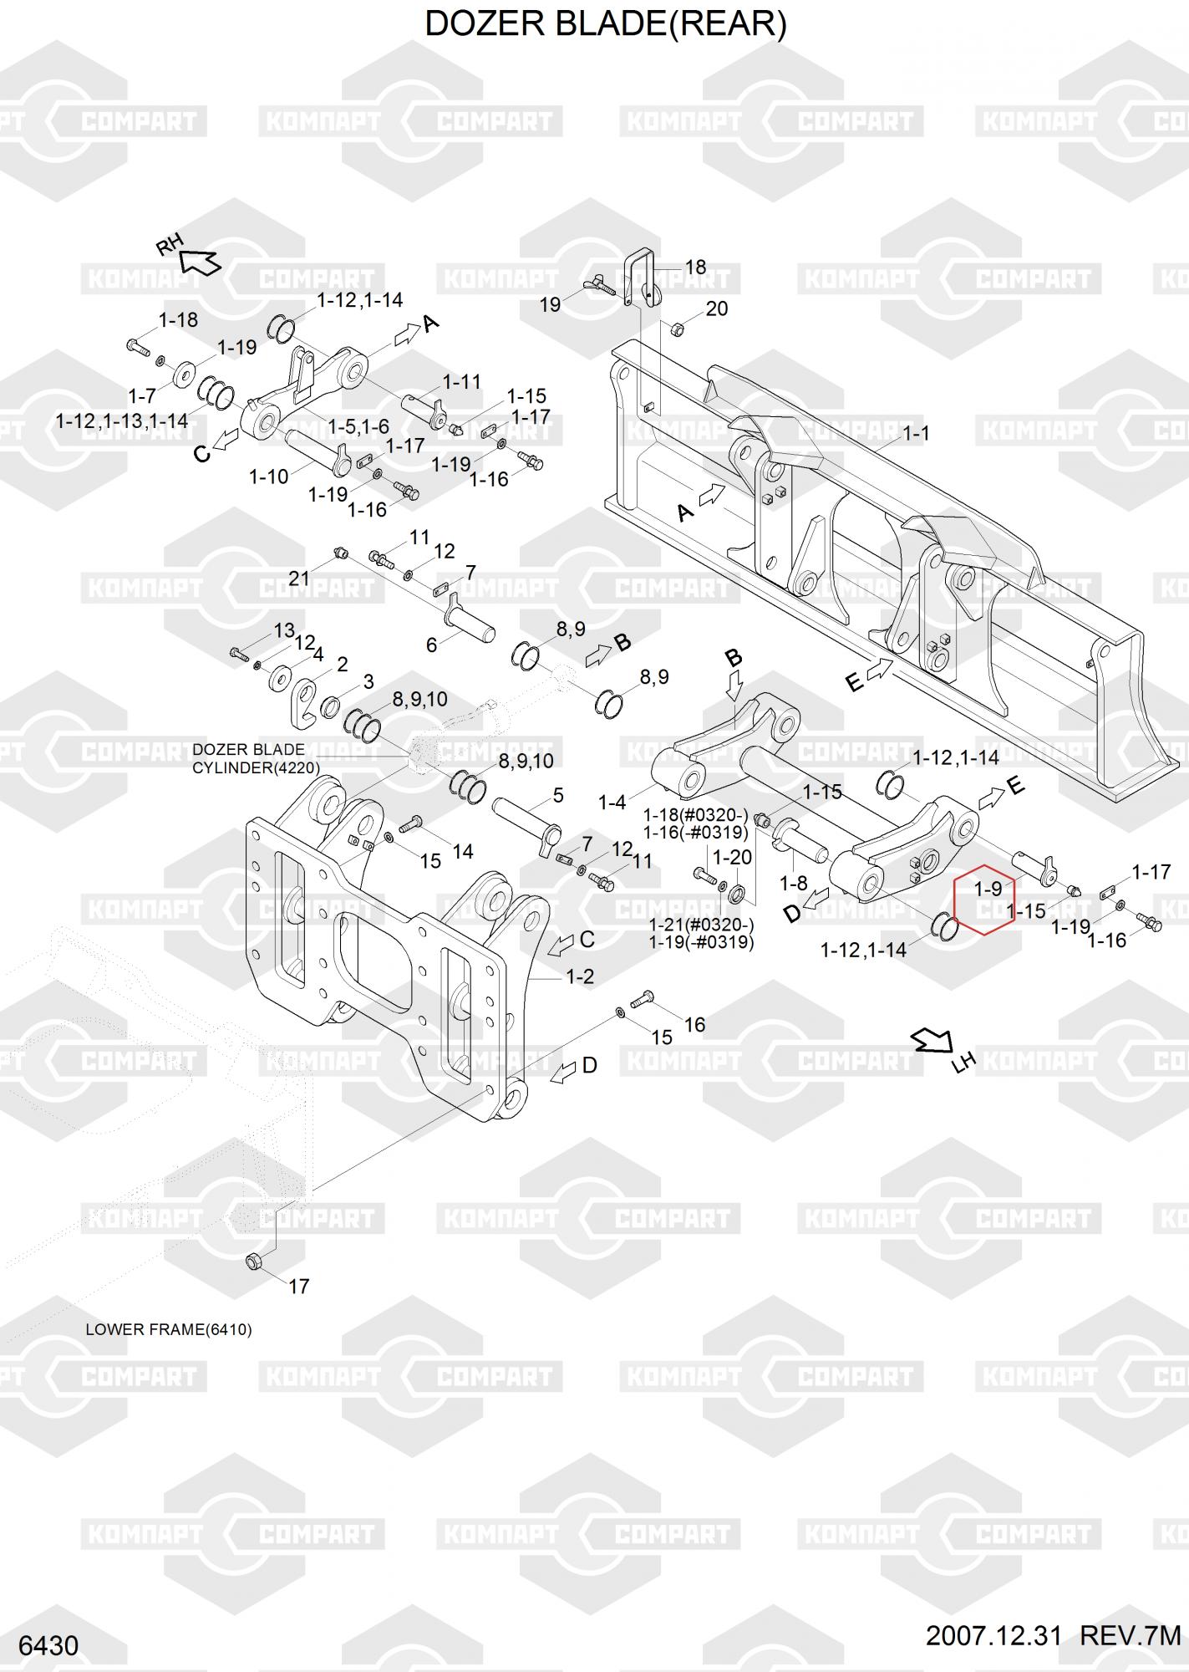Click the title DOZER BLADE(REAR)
pyautogui.click(x=606, y=24)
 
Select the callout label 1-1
pyautogui.click(x=916, y=433)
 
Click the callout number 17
pyautogui.click(x=298, y=1286)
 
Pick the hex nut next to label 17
pyautogui.click(x=254, y=1261)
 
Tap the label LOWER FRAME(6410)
pyautogui.click(x=169, y=1329)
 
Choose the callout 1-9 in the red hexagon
pyautogui.click(x=988, y=889)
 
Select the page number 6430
pyautogui.click(x=48, y=1646)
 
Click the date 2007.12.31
pyautogui.click(x=993, y=1636)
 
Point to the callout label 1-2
pyautogui.click(x=580, y=976)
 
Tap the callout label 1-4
pyautogui.click(x=612, y=803)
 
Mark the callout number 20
pyautogui.click(x=717, y=308)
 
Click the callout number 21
pyautogui.click(x=299, y=578)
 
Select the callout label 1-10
pyautogui.click(x=268, y=477)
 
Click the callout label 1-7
pyautogui.click(x=142, y=395)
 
